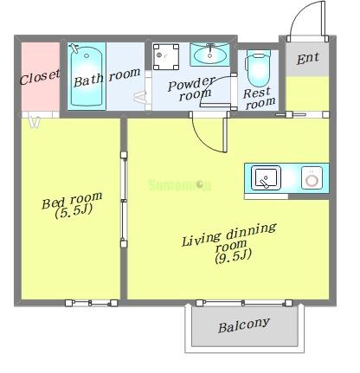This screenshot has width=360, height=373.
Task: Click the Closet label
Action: point(40,77)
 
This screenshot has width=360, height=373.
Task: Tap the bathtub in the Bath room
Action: point(87,76)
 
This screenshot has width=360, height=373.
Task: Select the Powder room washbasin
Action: point(209,55)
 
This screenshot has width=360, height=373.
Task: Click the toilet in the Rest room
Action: point(259,68)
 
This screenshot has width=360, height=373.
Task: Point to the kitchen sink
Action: point(266,178)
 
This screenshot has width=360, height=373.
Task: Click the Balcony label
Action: point(244,325)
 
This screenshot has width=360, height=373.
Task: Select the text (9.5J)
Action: point(233,256)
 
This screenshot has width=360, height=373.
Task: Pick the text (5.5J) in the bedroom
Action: point(74,212)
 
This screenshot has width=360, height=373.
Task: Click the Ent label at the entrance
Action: point(308,58)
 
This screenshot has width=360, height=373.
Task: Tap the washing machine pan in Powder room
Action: point(166,57)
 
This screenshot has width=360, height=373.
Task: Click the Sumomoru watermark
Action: point(180,185)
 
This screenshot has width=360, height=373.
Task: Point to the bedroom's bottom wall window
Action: point(91,303)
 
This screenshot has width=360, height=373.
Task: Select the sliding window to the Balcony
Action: point(244,303)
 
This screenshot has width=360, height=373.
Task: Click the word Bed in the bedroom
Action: point(53,203)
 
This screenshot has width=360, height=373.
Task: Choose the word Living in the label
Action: point(201,240)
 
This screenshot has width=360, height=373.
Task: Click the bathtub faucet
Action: point(75,48)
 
